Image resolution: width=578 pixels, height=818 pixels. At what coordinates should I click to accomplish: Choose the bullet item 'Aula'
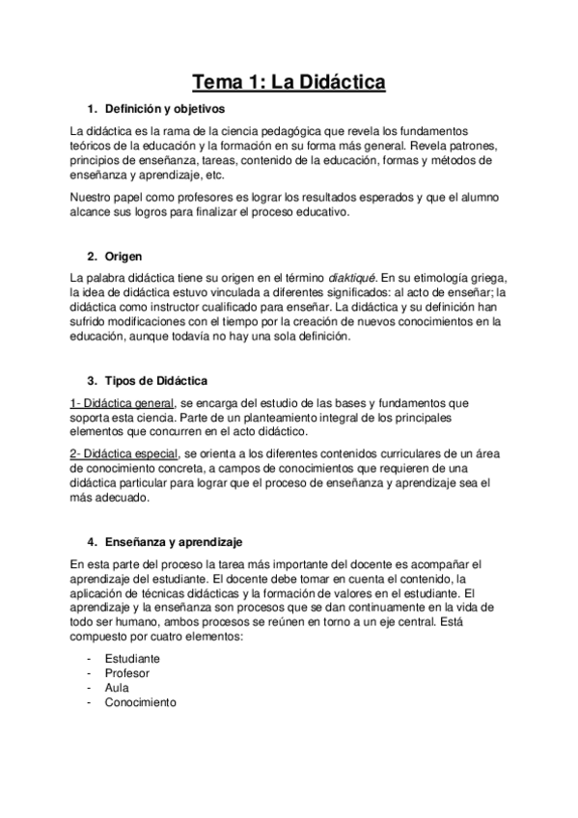[x=119, y=688]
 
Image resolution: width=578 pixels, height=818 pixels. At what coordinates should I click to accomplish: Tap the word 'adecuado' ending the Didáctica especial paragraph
[x=124, y=500]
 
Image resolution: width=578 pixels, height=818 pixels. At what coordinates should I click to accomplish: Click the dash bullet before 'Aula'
[x=89, y=688]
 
